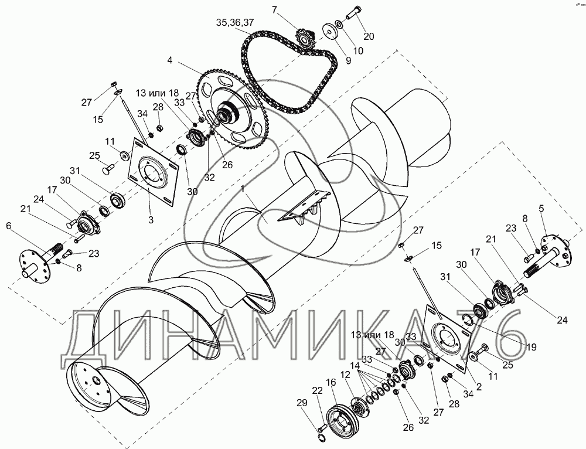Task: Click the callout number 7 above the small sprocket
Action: [x=275, y=10]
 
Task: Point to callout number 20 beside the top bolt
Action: [x=369, y=36]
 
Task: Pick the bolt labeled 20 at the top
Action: [x=353, y=13]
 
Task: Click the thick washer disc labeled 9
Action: [x=329, y=32]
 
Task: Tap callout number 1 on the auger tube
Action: [x=243, y=189]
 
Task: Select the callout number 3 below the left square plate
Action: [x=151, y=220]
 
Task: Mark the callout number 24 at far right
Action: [x=563, y=320]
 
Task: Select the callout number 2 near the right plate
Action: [x=479, y=387]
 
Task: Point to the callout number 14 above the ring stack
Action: [x=356, y=365]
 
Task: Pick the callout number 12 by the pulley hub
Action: [x=346, y=374]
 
